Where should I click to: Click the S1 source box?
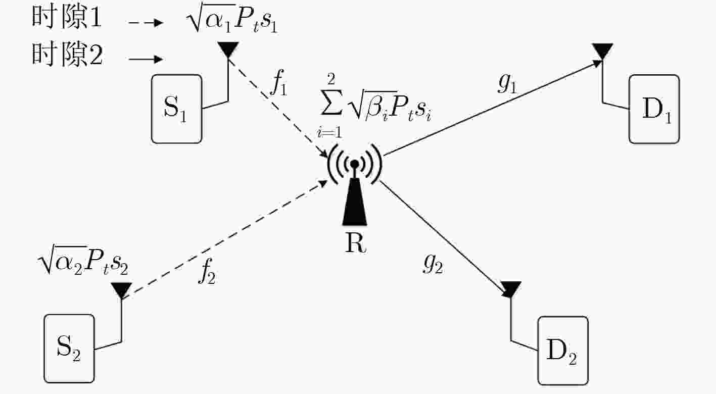click(x=177, y=109)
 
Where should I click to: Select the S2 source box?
click(x=69, y=349)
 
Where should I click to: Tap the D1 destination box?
click(x=654, y=109)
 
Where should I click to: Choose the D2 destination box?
click(x=563, y=351)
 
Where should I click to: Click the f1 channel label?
click(x=279, y=82)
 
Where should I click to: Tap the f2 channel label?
click(x=207, y=271)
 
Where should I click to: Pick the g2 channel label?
click(x=434, y=264)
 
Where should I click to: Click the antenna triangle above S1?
click(x=228, y=50)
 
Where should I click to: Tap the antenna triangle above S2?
click(x=121, y=290)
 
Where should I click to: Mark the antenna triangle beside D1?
click(x=602, y=52)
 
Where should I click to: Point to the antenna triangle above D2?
click(x=510, y=289)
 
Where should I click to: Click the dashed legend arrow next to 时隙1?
click(x=146, y=23)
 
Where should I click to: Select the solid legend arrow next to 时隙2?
click(x=146, y=59)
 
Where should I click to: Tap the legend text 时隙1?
click(x=67, y=17)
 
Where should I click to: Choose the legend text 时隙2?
click(x=67, y=55)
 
